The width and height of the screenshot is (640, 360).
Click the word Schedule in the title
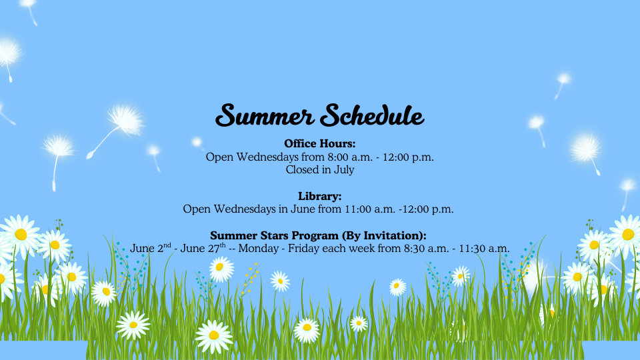372,115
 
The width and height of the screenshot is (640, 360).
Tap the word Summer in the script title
265,115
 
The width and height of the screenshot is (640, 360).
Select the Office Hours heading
319,144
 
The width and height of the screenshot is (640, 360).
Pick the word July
344,170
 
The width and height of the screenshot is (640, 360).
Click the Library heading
319,196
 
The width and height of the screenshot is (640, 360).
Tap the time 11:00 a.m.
370,209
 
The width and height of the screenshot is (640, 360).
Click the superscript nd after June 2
167,245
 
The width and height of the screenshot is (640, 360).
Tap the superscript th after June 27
223,245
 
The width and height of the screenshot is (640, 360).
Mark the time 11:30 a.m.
485,249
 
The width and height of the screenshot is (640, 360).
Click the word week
363,249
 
